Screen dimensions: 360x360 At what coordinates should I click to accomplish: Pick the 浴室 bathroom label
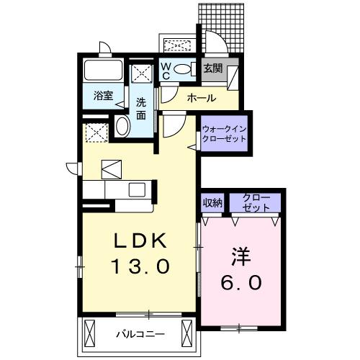pyautogui.click(x=103, y=96)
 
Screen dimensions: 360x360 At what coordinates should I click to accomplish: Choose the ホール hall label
pyautogui.click(x=201, y=96)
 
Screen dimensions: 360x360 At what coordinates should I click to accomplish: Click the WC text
pyautogui.click(x=165, y=70)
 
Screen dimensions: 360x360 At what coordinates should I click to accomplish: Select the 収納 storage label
pyautogui.click(x=211, y=202)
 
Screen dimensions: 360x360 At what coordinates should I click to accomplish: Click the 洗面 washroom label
pyautogui.click(x=141, y=108)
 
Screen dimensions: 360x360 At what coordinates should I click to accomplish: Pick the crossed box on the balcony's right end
pyautogui.click(x=188, y=333)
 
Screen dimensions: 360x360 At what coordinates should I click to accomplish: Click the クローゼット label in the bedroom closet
pyautogui.click(x=256, y=202)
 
